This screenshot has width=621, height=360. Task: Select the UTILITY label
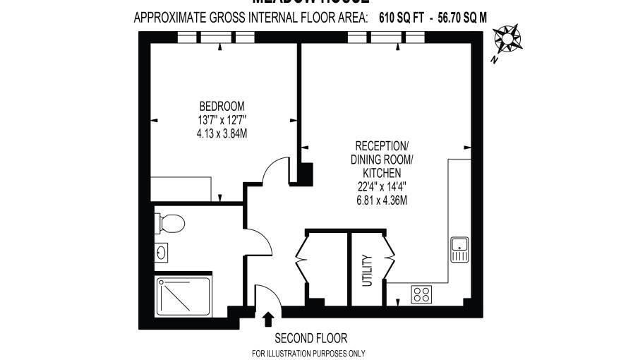click(366, 270)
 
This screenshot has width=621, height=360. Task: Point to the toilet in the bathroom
click(170, 224)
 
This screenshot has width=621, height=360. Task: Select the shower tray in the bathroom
click(182, 296)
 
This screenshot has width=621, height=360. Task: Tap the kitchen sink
click(459, 249)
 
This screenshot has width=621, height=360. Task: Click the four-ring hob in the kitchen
click(422, 294)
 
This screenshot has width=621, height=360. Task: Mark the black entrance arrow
click(268, 320)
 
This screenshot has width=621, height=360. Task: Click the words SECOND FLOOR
click(310, 338)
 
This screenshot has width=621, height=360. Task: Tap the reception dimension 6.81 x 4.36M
click(382, 200)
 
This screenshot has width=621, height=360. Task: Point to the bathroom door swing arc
click(261, 244)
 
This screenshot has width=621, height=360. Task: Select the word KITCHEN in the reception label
click(382, 173)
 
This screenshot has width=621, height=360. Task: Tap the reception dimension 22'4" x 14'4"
click(382, 186)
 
